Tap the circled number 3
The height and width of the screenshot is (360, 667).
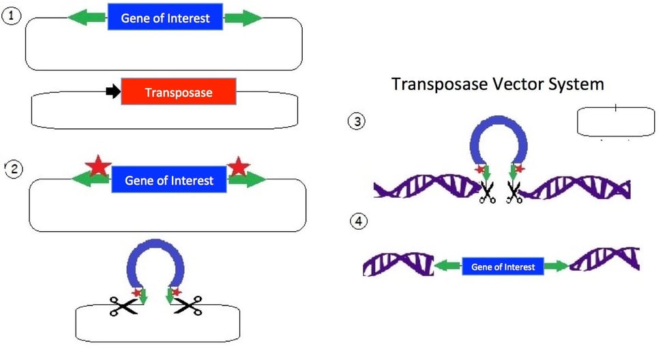[x=357, y=122]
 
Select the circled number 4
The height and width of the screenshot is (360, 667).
[x=357, y=222]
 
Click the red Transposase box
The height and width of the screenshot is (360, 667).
[x=179, y=92]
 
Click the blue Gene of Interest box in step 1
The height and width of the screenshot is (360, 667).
[x=165, y=18]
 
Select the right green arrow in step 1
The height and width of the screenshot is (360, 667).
[x=243, y=18]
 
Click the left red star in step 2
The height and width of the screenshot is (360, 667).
[x=98, y=166]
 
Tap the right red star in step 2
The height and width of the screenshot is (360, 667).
[x=239, y=166]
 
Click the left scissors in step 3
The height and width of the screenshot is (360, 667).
[x=488, y=193]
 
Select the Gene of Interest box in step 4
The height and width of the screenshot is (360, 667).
[x=503, y=267]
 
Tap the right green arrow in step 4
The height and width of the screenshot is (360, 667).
[x=557, y=267]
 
